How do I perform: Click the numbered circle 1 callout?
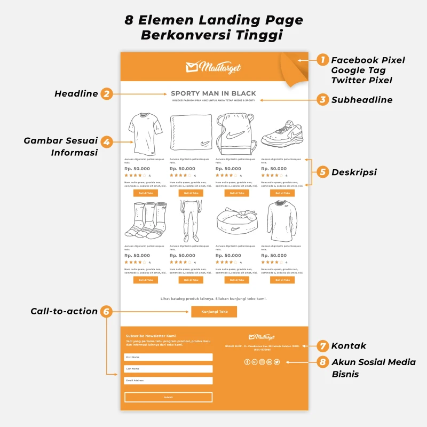pos(322,60)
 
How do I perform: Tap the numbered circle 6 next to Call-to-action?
pos(106,311)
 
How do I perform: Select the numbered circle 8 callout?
pos(322,362)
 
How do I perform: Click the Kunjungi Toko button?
pos(213,312)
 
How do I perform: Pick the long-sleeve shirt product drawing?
pos(281,220)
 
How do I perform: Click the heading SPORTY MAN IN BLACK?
pos(213,93)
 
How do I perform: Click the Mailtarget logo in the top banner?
pos(213,67)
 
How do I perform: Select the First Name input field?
pos(168,357)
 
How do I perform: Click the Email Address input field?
pos(168,381)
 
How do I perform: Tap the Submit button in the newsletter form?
pos(168,397)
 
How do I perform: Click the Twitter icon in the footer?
pos(277,362)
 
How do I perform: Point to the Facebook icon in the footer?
pos(247,362)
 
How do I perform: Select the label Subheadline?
pos(362,100)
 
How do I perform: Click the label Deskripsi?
pos(354,172)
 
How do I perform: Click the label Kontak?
pos(349,346)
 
